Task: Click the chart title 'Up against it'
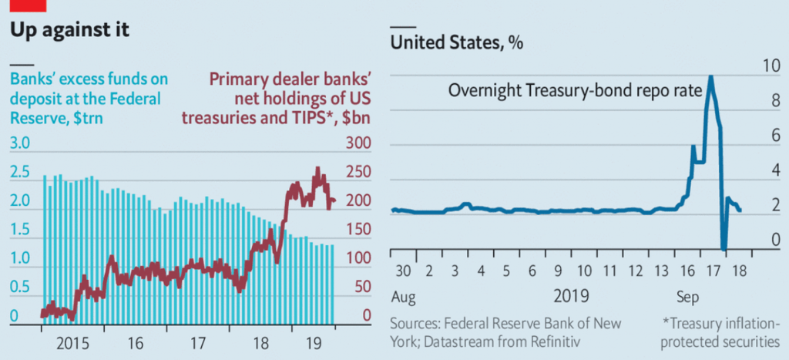[69, 31]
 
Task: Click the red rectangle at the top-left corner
[23, 5]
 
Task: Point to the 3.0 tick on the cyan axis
[19, 144]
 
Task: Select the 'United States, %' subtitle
[457, 43]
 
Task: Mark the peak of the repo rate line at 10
[710, 75]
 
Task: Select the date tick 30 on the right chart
[402, 271]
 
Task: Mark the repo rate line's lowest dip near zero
[724, 247]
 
